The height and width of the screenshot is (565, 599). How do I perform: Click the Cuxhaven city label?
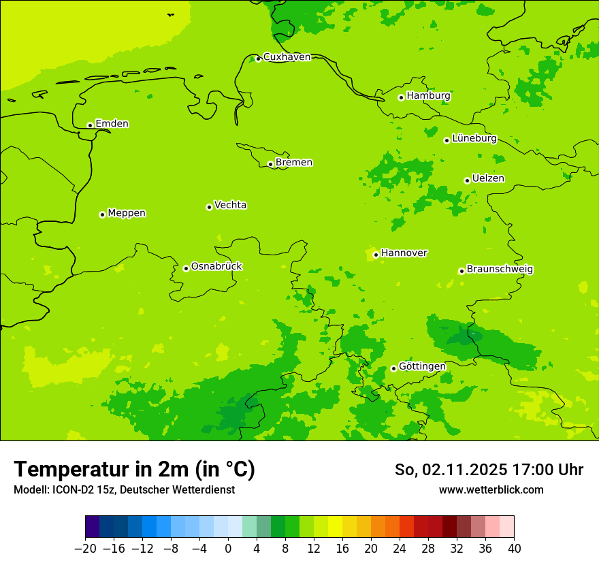point(287,57)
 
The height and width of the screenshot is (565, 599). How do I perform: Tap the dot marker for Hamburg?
point(401,97)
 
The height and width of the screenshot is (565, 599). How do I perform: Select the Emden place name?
point(112,124)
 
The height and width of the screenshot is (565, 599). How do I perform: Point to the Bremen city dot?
point(270,164)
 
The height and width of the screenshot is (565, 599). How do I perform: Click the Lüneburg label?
point(474,138)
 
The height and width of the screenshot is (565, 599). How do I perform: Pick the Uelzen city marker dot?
point(467,180)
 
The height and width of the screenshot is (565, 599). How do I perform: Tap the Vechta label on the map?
point(230,205)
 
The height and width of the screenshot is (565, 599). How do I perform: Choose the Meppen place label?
point(126,213)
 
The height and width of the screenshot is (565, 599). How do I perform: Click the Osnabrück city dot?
point(186,268)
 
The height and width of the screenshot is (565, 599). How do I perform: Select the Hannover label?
point(404,253)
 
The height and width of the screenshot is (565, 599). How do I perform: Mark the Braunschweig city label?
point(500,270)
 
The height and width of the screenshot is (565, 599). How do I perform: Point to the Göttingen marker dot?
point(393,368)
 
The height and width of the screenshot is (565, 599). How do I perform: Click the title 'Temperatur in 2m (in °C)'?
point(134,469)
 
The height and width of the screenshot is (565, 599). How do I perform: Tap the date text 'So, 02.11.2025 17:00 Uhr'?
point(489,470)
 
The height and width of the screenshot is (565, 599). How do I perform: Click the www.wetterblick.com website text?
point(491,489)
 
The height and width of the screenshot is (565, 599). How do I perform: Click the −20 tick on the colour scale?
point(85,549)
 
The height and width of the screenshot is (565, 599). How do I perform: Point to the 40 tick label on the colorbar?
point(514,549)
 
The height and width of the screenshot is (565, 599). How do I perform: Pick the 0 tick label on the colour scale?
point(228,549)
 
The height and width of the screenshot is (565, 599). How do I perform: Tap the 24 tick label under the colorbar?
point(400,549)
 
